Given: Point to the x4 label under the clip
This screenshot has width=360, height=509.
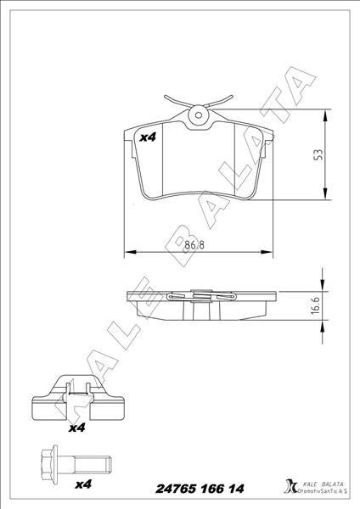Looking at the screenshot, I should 76,428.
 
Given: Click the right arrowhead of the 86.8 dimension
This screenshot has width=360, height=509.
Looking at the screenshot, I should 269,252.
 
